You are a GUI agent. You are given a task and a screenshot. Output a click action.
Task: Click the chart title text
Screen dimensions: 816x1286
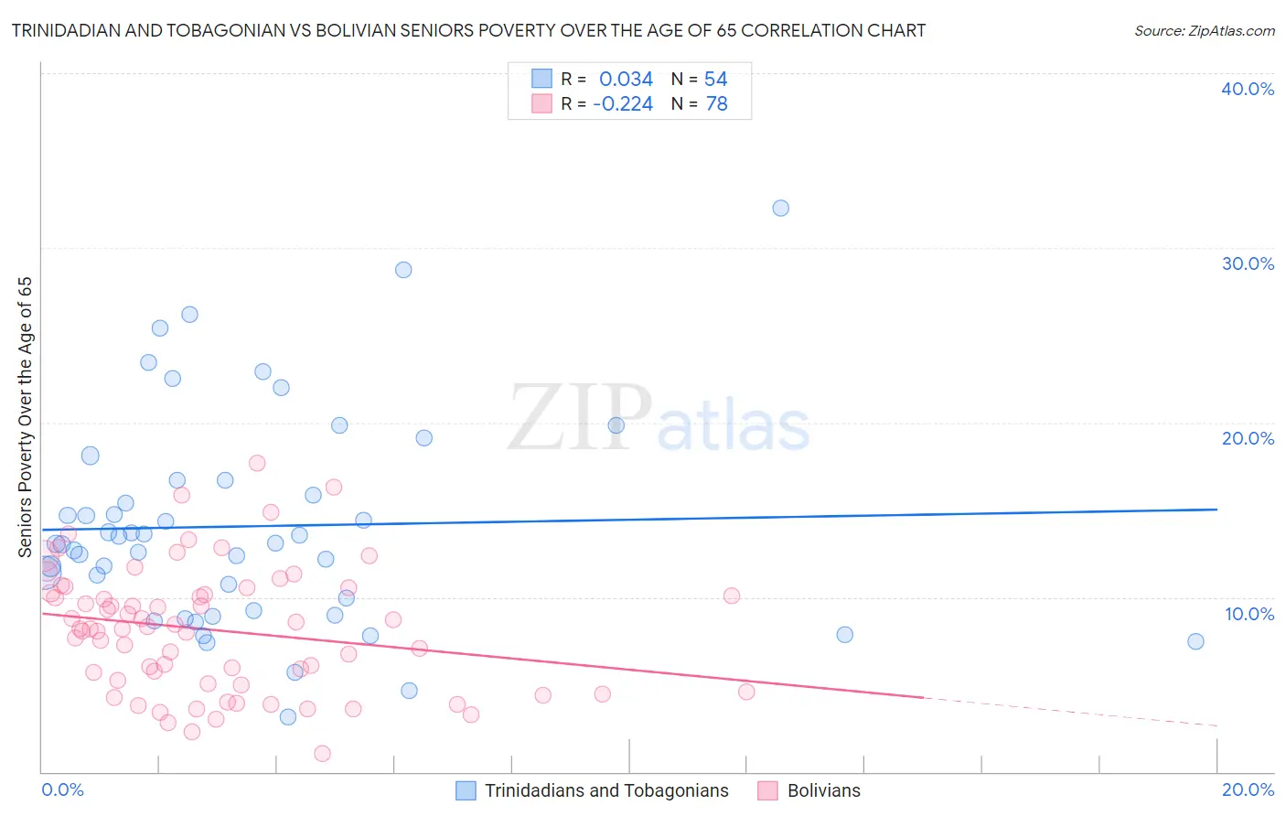(x=468, y=31)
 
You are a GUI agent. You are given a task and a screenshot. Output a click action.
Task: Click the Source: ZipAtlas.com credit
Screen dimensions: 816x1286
(x=1204, y=31)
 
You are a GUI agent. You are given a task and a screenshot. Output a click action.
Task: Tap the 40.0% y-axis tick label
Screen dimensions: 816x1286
(x=1248, y=89)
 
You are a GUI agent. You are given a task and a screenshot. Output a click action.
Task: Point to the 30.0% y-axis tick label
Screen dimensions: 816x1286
(x=1248, y=263)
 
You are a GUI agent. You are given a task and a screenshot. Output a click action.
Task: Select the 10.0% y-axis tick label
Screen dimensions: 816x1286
(x=1249, y=614)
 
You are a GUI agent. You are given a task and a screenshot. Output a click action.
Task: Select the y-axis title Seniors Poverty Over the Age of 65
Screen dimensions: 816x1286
(x=26, y=417)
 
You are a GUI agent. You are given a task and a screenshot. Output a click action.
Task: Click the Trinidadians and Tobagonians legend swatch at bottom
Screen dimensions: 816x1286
(x=466, y=790)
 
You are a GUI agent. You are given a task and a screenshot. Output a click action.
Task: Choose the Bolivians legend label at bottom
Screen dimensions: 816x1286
(x=823, y=790)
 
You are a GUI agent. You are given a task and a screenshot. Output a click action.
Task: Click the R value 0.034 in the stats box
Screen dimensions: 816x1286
(x=626, y=80)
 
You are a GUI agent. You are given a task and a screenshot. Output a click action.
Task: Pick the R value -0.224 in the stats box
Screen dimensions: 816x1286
(x=623, y=104)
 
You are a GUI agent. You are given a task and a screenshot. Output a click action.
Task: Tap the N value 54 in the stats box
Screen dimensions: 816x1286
(x=715, y=80)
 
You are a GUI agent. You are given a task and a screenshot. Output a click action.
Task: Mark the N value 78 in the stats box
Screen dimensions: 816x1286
(x=716, y=104)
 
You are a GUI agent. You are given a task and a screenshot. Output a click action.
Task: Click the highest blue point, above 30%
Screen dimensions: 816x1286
(x=780, y=209)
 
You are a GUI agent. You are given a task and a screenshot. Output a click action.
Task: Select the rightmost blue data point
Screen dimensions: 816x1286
(x=1195, y=641)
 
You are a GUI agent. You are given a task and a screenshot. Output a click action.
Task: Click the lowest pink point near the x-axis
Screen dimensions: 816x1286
(x=322, y=754)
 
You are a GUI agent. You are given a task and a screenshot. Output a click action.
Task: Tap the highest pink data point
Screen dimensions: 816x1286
(x=257, y=463)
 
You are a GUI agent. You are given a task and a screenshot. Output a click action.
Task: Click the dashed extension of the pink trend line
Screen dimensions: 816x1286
(x=1070, y=712)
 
